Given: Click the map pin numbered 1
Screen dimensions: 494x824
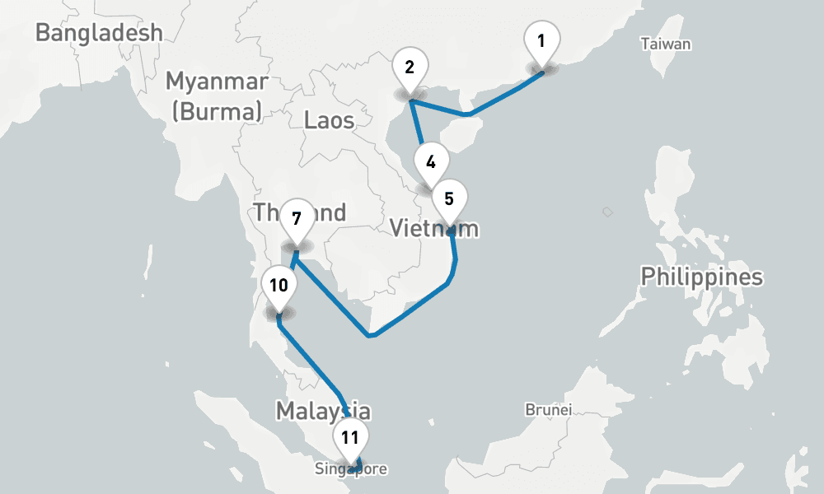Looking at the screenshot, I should click(x=542, y=41).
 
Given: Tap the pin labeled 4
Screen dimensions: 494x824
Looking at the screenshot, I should click(x=431, y=162).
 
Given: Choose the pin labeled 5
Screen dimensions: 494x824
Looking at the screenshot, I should click(x=449, y=199).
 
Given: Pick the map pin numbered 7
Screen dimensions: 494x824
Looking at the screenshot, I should click(x=297, y=219).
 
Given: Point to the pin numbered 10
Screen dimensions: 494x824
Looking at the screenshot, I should click(x=279, y=286).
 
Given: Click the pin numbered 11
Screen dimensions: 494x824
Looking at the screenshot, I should click(x=351, y=438).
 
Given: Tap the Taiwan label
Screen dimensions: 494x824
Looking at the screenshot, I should click(x=666, y=44).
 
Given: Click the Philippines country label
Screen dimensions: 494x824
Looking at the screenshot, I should click(x=702, y=277).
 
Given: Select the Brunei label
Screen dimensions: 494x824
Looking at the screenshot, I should click(x=548, y=408).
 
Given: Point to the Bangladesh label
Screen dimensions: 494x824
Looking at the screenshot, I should click(x=99, y=33).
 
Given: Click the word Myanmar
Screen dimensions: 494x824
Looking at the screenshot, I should click(x=217, y=82).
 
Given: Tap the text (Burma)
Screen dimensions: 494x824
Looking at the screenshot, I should click(x=217, y=110).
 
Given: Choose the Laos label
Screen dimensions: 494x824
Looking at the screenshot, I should click(x=329, y=120).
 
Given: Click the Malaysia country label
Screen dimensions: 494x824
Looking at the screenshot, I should click(x=323, y=410).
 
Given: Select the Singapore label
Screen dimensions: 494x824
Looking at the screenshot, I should click(x=350, y=469).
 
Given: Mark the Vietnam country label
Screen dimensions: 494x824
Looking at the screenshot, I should click(x=434, y=227).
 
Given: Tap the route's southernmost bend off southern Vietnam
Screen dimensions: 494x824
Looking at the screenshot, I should click(x=372, y=335).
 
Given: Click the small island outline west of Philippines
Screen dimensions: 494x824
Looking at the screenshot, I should click(x=607, y=212).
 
